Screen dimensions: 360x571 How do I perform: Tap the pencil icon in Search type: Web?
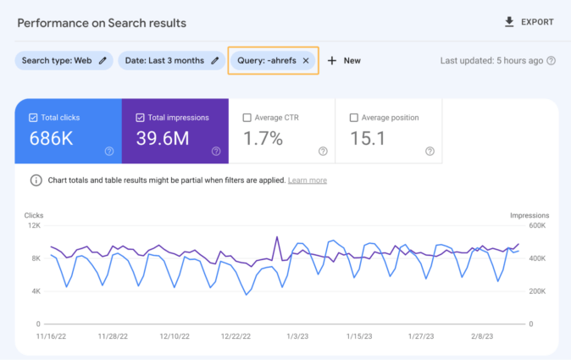(x=103, y=61)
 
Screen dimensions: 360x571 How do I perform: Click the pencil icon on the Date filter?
(x=215, y=61)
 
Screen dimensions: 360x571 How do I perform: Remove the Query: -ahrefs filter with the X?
(x=306, y=61)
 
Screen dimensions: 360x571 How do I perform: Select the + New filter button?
(x=344, y=61)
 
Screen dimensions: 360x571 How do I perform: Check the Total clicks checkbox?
(x=33, y=118)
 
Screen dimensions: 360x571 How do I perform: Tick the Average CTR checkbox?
(x=247, y=118)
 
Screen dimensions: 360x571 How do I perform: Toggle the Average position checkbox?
(x=353, y=118)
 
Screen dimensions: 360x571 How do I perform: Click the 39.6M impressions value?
(x=163, y=138)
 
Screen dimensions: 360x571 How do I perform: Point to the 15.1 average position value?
(x=369, y=138)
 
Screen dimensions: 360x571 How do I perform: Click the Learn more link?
(x=308, y=180)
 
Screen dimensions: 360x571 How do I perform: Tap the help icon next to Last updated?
(x=551, y=61)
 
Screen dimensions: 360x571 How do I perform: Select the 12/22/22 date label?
(x=236, y=336)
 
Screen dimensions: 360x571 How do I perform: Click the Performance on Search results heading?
(x=102, y=23)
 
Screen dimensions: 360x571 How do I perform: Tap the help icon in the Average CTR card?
(x=323, y=152)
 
